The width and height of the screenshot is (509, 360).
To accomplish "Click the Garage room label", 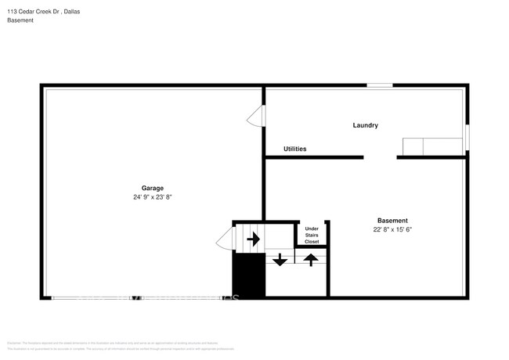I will click(152, 188).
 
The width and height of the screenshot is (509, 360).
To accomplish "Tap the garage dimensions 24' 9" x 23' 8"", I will click(152, 197).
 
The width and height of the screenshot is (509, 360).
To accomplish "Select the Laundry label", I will click(366, 125).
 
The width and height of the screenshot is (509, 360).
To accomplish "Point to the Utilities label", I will click(294, 149).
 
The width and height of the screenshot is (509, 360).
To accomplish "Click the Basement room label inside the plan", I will click(392, 221).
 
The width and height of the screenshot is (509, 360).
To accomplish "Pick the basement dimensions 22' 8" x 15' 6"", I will click(392, 230).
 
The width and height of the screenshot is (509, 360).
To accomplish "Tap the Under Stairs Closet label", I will click(312, 235).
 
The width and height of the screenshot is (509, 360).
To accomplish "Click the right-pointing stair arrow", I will click(252, 238).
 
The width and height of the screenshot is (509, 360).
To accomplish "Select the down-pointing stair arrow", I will click(280, 260).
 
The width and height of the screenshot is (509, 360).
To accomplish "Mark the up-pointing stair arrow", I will click(311, 260).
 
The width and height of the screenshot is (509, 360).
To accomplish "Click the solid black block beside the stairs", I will click(247, 275).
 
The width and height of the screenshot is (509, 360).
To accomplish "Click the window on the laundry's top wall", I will click(380, 85).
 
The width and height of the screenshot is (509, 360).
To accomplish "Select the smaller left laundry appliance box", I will click(413, 147).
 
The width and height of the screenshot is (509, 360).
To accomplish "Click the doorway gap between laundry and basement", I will click(381, 157).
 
